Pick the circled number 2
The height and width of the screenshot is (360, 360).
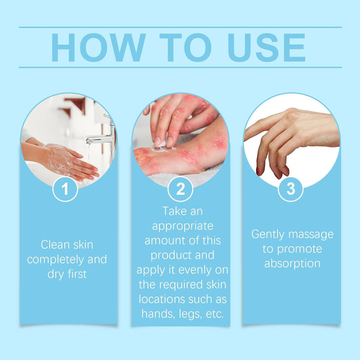point(180,189)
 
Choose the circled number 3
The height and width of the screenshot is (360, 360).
point(290,189)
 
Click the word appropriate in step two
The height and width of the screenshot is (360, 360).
point(182,226)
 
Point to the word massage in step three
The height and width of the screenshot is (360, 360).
point(312,234)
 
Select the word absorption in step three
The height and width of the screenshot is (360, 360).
point(292,263)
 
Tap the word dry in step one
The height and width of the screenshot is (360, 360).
point(56,274)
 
